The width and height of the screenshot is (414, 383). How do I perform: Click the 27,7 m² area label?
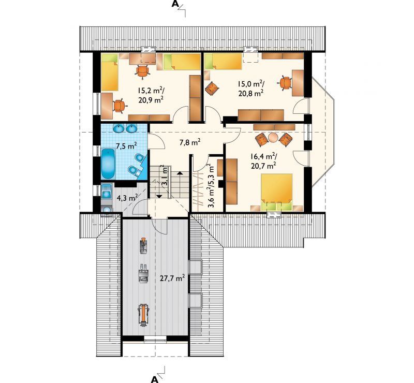click(x=172, y=278)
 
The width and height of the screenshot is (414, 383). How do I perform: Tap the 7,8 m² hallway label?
click(x=190, y=142)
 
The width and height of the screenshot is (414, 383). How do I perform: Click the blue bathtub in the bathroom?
click(x=108, y=164)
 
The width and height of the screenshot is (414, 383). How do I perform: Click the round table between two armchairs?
click(x=273, y=137)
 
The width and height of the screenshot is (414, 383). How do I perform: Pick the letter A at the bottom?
click(x=154, y=379)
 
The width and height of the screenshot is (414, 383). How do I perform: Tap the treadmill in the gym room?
click(x=143, y=315)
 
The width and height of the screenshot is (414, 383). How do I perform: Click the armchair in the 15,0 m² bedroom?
click(x=212, y=89)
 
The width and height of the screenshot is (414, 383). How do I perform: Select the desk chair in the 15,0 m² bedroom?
click(x=285, y=83)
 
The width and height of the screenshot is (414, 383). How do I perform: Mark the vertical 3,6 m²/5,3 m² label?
click(x=212, y=186)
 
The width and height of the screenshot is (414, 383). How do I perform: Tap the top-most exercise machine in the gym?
click(x=143, y=246)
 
